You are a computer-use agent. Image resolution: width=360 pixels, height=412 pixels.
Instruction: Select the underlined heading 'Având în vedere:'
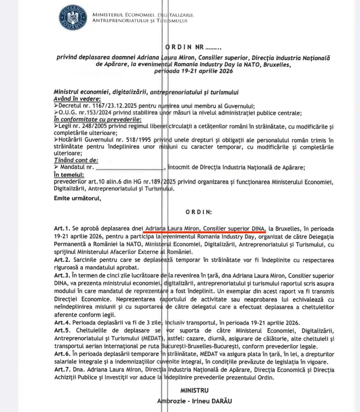pos(77,99)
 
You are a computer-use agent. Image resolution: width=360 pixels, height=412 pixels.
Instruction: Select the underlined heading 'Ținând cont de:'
pos(76,160)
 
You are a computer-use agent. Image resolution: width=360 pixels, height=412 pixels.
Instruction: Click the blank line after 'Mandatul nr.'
pos(130,168)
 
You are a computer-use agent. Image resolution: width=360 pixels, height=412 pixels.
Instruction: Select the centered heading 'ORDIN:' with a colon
pos(198,211)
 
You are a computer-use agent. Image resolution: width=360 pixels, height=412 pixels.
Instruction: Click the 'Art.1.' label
pos(61,228)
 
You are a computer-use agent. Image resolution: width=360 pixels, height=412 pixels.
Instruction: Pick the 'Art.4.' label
pos(61,322)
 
